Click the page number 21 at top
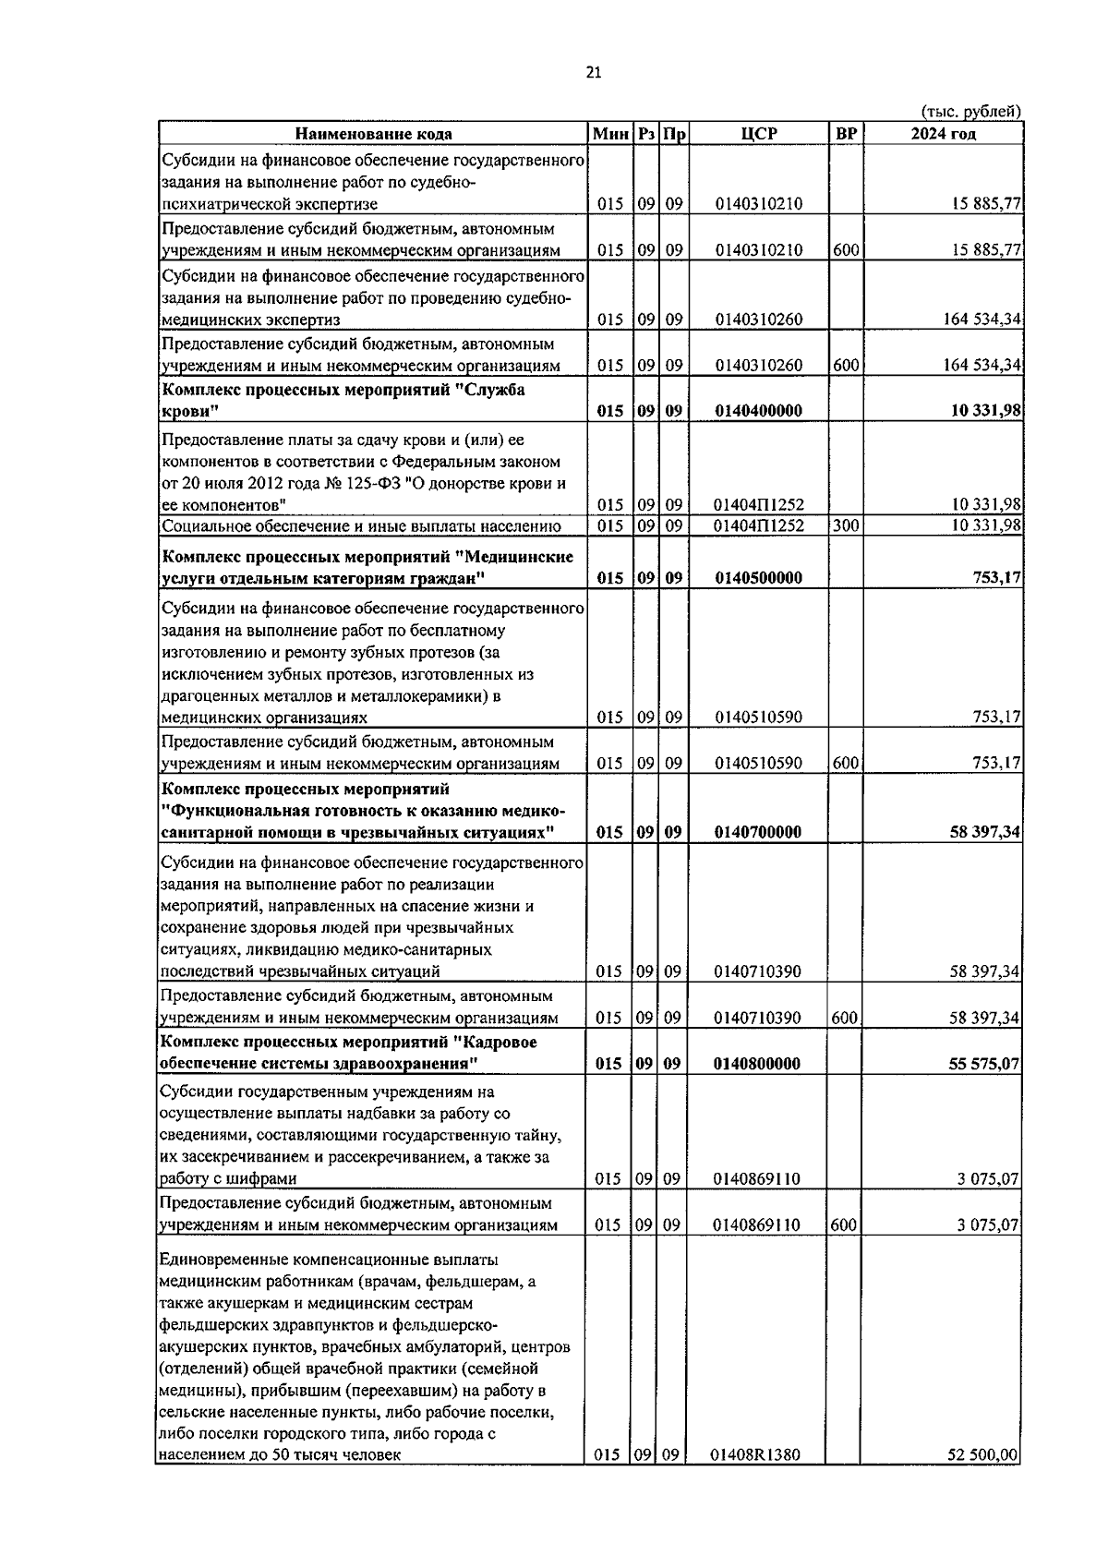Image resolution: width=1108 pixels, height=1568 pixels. point(593,73)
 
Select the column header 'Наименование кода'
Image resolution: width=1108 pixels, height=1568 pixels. point(373,134)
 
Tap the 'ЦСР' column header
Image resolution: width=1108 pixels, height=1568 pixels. point(758,134)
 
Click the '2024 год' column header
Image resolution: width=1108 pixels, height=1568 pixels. point(943,134)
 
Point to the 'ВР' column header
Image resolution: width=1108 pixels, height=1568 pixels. point(845,134)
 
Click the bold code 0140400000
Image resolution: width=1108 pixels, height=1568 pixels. point(758,411)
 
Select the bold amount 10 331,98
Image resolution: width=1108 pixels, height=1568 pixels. point(985,411)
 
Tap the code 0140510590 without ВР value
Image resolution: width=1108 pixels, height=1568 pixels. point(758,718)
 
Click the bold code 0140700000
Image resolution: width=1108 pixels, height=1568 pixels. point(758,832)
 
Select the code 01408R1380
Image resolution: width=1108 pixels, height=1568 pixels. point(755,1455)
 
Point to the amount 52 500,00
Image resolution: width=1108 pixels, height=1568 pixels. point(983,1455)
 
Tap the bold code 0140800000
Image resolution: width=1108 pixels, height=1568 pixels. point(758,1064)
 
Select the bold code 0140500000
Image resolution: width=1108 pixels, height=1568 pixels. point(758,578)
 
